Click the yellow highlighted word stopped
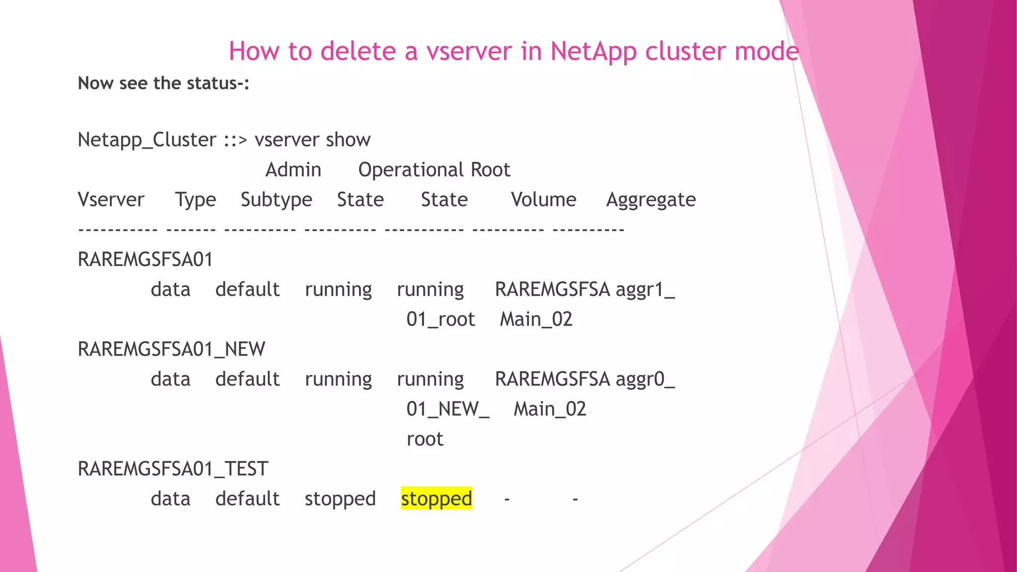click(x=436, y=499)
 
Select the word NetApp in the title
click(x=593, y=52)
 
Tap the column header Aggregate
click(x=651, y=200)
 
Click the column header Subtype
click(x=276, y=200)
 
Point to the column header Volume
click(x=543, y=200)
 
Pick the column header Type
click(x=195, y=200)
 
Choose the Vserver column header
click(x=111, y=200)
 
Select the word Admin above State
click(x=293, y=170)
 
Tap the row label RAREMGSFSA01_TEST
click(x=173, y=469)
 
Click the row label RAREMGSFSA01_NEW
click(x=171, y=349)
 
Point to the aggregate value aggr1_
click(x=645, y=289)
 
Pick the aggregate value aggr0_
click(x=645, y=379)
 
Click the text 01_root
click(x=440, y=319)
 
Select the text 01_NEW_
click(x=447, y=409)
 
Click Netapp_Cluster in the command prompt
click(x=147, y=140)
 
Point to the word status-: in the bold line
click(x=218, y=83)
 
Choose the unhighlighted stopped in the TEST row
click(x=340, y=499)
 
